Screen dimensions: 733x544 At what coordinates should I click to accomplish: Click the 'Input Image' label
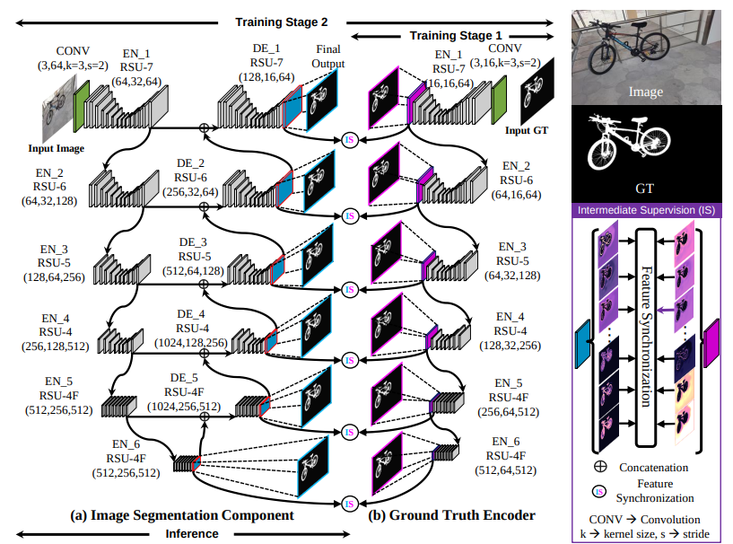57,148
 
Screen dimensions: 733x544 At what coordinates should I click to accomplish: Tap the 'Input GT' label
527,130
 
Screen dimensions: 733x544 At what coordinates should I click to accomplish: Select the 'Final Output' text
328,57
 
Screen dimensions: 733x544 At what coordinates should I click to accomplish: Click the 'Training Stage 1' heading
456,36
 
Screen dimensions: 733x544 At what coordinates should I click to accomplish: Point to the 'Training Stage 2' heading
282,22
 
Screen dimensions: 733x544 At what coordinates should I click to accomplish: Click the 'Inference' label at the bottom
192,534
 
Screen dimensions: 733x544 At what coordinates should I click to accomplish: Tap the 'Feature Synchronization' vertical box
646,337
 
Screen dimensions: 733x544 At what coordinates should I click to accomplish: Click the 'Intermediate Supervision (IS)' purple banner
647,210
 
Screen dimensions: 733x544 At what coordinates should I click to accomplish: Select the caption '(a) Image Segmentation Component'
182,515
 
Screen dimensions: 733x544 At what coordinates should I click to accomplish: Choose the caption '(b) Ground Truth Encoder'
451,515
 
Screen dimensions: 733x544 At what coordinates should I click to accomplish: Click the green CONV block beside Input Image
82,106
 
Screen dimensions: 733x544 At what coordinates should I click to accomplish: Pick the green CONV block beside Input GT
499,101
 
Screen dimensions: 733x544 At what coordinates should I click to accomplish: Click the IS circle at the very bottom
349,504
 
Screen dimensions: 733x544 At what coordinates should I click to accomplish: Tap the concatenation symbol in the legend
600,467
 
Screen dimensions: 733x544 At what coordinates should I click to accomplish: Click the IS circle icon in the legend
598,492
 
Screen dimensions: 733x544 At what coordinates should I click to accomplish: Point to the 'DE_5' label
184,378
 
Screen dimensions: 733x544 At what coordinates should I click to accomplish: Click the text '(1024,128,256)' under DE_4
191,342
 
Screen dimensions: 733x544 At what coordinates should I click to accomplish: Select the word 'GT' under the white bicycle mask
645,189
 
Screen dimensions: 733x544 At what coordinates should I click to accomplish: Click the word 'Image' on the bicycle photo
646,92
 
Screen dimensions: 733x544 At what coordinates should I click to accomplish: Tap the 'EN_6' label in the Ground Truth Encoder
506,442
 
